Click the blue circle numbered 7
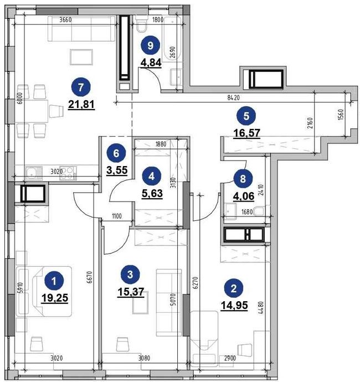[81, 87]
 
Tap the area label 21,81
[81, 105]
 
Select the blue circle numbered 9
[151, 45]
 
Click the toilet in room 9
[141, 25]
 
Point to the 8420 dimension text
[234, 97]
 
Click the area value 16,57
[246, 133]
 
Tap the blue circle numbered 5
[246, 116]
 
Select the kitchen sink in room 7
[33, 173]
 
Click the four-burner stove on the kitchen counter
[68, 173]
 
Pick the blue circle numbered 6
[116, 153]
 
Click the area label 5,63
[152, 193]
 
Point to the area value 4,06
[244, 196]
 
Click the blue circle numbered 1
[54, 281]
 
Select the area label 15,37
[131, 292]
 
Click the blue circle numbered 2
[234, 288]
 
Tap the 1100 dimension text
[117, 216]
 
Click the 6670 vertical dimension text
[90, 277]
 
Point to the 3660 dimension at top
[65, 20]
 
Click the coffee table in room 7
[81, 57]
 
